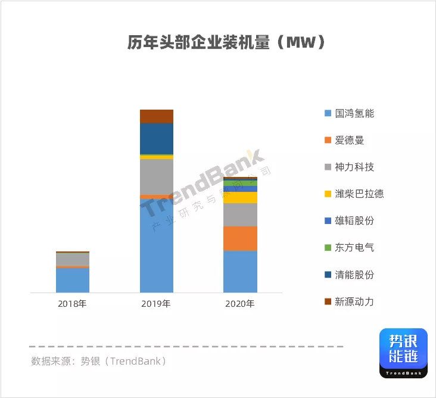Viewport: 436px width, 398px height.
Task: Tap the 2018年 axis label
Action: click(73, 304)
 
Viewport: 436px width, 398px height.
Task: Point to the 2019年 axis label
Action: click(156, 304)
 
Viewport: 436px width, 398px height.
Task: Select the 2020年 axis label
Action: click(240, 304)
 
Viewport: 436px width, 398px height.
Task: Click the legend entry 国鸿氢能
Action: click(354, 113)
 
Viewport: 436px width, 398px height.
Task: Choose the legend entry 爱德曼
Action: click(349, 141)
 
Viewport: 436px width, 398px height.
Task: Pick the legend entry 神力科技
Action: click(354, 167)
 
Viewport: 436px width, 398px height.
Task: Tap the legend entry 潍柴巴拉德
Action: click(359, 194)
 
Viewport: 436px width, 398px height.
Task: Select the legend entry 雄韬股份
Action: click(354, 221)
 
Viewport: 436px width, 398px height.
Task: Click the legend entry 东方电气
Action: click(354, 248)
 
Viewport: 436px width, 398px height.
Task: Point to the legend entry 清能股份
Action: click(354, 275)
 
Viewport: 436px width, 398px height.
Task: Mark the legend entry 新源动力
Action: click(354, 302)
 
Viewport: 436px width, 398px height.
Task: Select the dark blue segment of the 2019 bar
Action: click(157, 139)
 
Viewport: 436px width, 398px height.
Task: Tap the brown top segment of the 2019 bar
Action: click(157, 116)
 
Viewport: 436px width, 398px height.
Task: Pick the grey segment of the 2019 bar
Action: click(157, 177)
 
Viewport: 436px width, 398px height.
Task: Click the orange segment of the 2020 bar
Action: click(241, 238)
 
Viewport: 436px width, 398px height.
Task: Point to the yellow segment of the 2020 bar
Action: click(241, 197)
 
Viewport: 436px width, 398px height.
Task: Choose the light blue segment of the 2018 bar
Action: click(73, 280)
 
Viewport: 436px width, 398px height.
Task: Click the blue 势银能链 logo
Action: click(403, 353)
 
